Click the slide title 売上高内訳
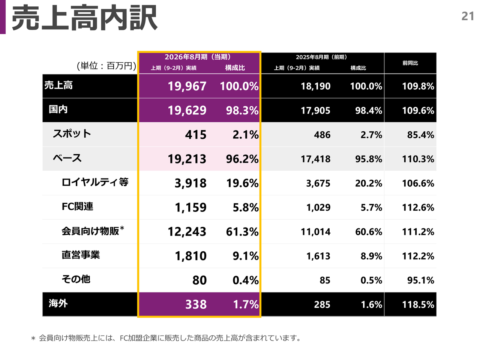coord(84,18)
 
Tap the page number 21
coord(468,16)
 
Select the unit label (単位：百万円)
coord(106,66)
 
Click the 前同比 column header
coord(410,63)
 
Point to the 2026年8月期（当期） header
coord(198,57)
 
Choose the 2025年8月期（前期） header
coord(321,57)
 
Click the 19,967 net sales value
coord(187,86)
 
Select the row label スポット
coord(72,133)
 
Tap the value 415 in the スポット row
coord(195,135)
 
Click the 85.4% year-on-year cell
coord(420,135)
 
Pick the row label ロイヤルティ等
coord(95,182)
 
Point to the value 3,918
coord(190,183)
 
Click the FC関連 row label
coord(77,206)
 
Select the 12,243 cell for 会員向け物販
coord(187,232)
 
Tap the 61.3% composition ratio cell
coord(242,232)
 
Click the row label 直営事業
coord(81,255)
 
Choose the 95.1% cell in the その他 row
coord(420,280)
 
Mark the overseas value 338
coord(196,304)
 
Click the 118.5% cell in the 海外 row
coord(418,304)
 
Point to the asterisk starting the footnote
coord(33,339)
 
